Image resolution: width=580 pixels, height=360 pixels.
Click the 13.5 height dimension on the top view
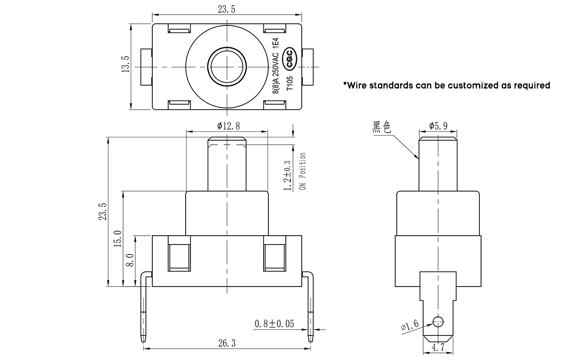pos(125,64)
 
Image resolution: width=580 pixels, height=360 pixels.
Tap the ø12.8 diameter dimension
pos(229,126)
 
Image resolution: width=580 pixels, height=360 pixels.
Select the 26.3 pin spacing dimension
pos(227,343)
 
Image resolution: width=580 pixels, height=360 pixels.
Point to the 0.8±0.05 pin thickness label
pos(275,324)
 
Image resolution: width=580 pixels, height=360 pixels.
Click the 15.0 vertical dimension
pos(118,238)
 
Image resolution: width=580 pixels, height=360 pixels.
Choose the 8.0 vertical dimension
pos(130,260)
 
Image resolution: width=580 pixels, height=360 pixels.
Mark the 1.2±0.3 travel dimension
pos(287,176)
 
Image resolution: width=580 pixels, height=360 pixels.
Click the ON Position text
pos(303,171)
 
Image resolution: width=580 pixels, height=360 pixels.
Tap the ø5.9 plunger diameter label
pos(438,126)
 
